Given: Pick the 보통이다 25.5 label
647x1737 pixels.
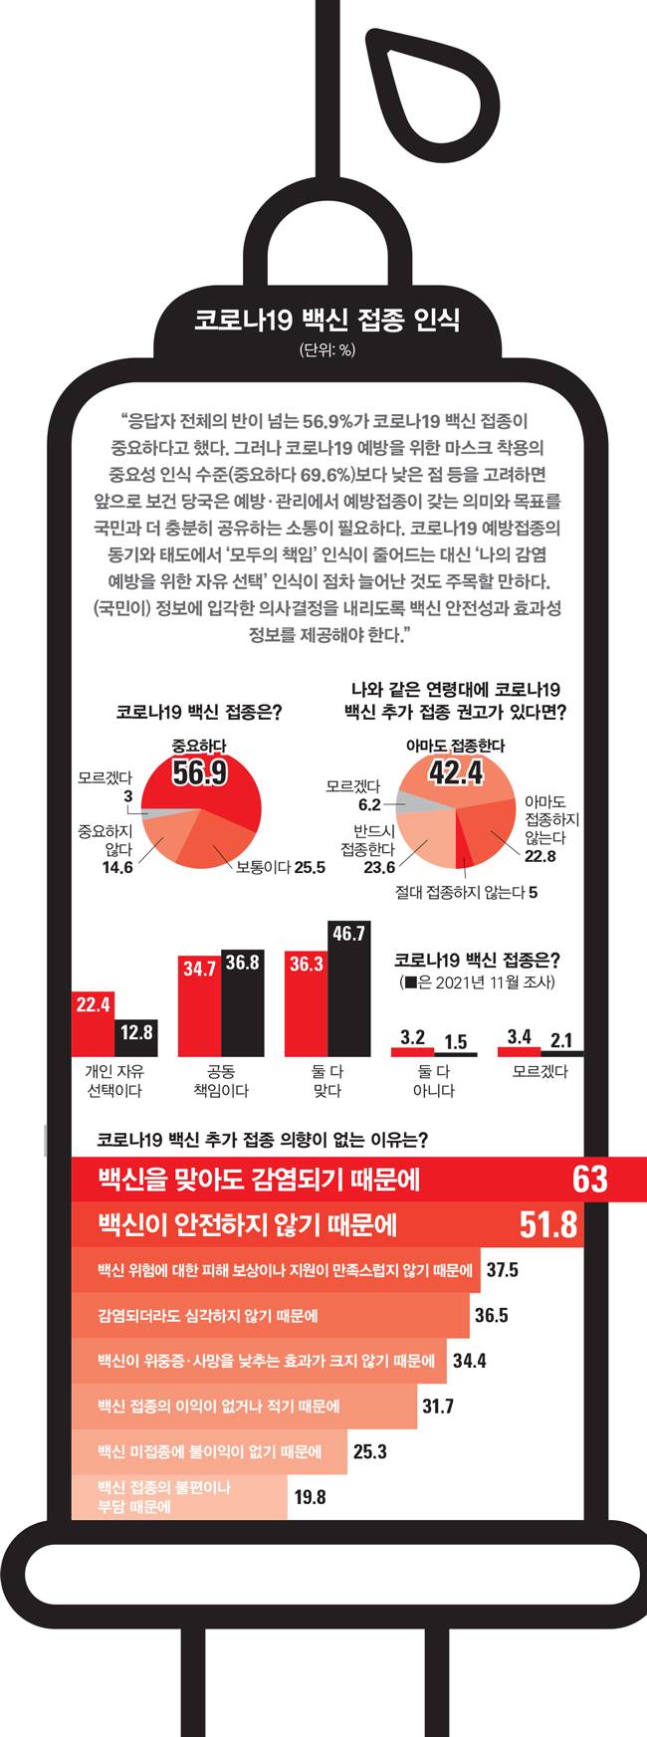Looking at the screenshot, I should (281, 867).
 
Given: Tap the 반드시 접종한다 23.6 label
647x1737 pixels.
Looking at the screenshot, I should (367, 848).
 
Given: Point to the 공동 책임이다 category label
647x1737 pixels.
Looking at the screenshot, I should (220, 1081).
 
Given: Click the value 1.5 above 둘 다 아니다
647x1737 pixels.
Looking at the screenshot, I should (455, 1042).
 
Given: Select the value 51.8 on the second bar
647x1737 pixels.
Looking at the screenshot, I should (548, 1224).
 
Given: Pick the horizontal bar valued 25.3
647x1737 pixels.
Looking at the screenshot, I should (209, 1451).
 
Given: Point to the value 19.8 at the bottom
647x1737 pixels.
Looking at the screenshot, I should (310, 1496).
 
